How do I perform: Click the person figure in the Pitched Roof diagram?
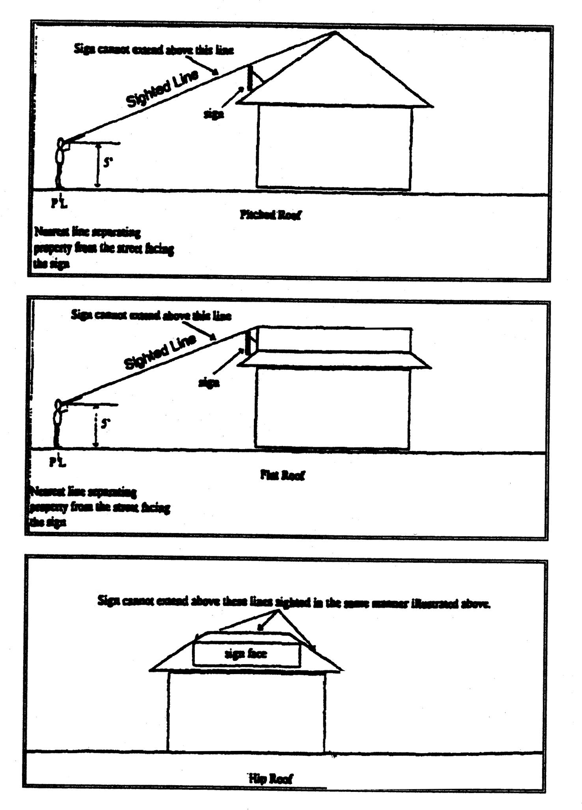[60, 162]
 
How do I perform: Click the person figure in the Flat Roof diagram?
[58, 424]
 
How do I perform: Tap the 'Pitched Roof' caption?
[270, 215]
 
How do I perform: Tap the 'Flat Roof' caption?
[282, 475]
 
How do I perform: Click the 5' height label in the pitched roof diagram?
[106, 162]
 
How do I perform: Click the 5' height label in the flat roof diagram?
[104, 424]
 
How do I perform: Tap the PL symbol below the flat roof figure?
[57, 461]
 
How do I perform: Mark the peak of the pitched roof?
[336, 32]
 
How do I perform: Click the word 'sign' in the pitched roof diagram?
[214, 114]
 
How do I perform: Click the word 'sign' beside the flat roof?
[209, 382]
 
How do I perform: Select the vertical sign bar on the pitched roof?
[250, 79]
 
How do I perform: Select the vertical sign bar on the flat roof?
[248, 342]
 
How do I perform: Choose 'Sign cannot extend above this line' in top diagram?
[154, 50]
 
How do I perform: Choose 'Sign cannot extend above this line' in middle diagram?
[151, 315]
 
